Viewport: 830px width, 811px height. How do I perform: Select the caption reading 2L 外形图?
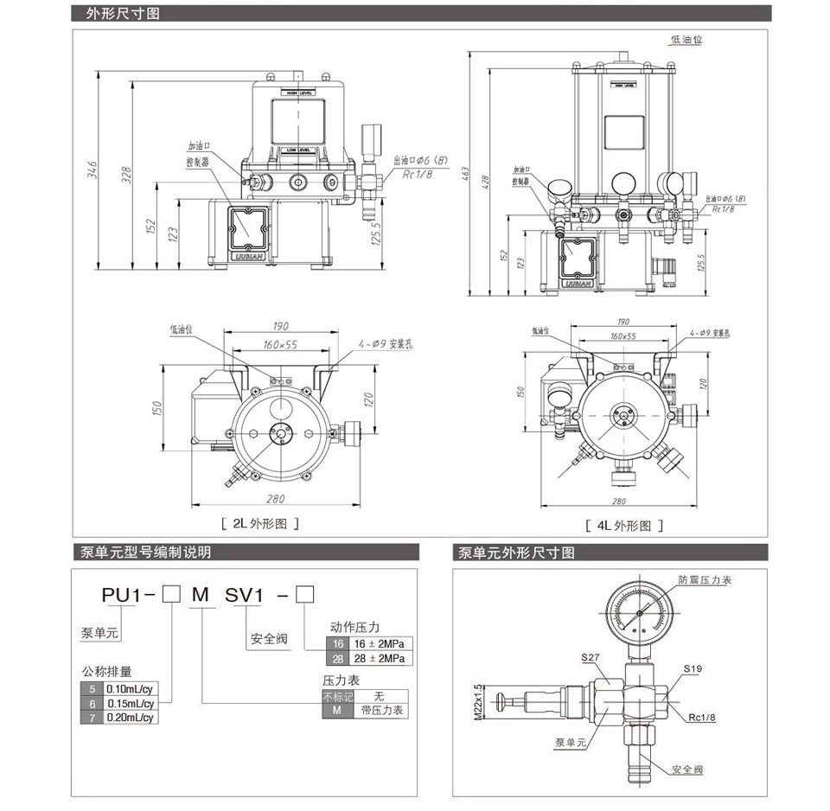[x=260, y=523]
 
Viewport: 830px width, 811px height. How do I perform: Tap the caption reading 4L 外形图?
[x=624, y=525]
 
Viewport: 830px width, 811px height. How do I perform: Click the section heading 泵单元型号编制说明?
[x=145, y=552]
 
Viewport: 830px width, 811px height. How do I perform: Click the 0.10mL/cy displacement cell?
[x=129, y=689]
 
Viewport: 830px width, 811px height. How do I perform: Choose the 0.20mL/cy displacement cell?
[x=129, y=717]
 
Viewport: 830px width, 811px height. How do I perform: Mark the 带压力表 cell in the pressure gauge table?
[x=379, y=710]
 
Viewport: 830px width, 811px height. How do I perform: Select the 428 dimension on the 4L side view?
[x=486, y=180]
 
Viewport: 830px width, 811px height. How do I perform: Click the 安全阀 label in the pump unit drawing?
[x=688, y=769]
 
